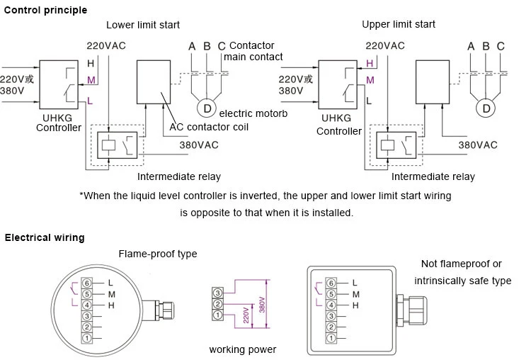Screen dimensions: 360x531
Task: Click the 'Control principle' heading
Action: (x=46, y=10)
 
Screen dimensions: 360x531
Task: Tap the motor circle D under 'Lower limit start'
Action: (x=207, y=108)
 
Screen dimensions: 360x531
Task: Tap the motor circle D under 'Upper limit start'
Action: (x=486, y=108)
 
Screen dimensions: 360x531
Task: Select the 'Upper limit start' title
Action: (x=399, y=24)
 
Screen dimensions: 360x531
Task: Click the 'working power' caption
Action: (x=243, y=349)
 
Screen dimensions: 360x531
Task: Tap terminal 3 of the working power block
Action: (x=218, y=293)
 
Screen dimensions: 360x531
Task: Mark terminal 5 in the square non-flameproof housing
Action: (x=331, y=294)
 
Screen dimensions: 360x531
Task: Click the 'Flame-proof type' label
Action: (x=158, y=254)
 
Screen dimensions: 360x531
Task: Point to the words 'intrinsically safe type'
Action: (x=462, y=281)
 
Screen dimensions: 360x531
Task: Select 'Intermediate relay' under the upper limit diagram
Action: (x=433, y=176)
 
